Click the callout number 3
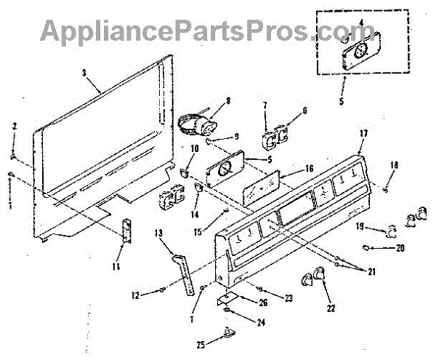tap(85, 73)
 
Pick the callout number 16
tap(310, 168)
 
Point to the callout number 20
tap(400, 247)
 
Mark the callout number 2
tap(13, 127)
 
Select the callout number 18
tap(395, 165)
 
